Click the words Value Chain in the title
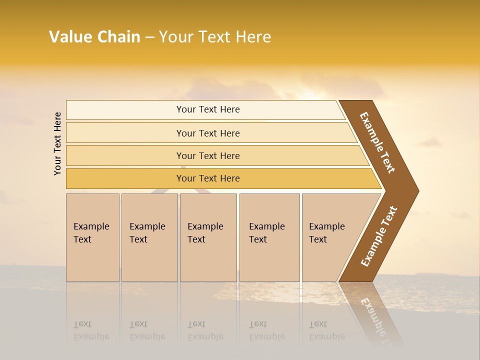[x=94, y=37]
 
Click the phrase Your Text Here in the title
[x=215, y=37]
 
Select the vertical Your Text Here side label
[x=57, y=143]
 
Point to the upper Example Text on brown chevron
[x=377, y=142]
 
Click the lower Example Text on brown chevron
[x=378, y=236]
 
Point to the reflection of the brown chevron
[x=375, y=315]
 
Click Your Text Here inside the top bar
[x=208, y=109]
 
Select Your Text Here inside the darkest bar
[x=208, y=178]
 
